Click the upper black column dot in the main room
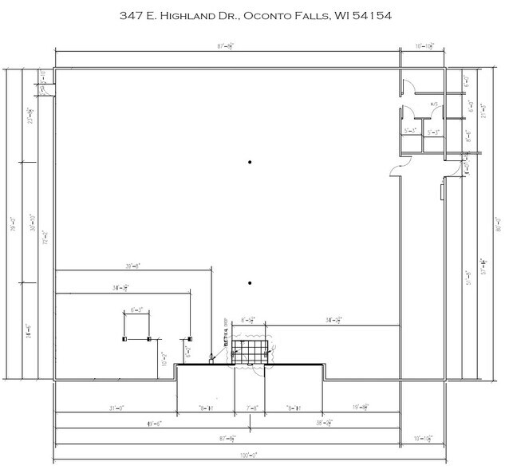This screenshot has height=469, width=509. pyautogui.click(x=250, y=163)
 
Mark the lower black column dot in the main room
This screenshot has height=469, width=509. pyautogui.click(x=250, y=283)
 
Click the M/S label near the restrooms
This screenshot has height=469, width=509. pyautogui.click(x=436, y=104)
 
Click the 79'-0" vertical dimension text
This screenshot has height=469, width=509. pyautogui.click(x=11, y=219)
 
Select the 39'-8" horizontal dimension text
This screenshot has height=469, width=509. pyautogui.click(x=132, y=267)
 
